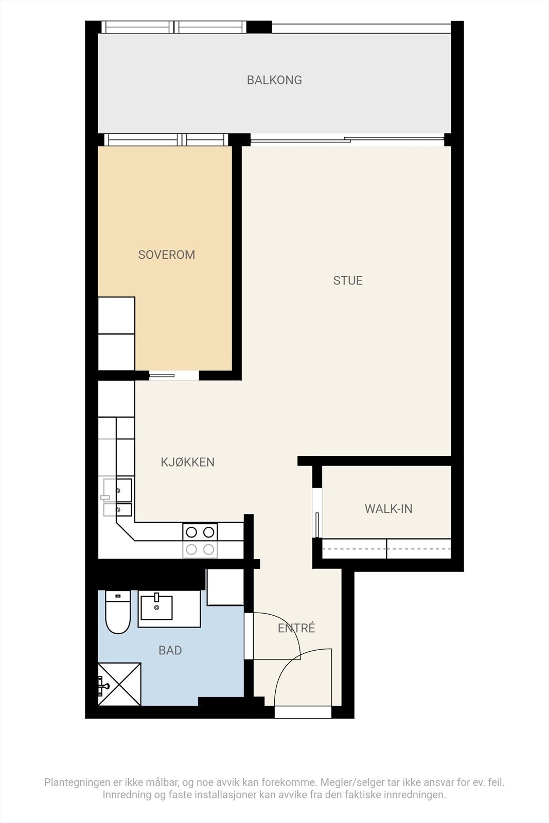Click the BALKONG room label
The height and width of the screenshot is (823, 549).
click(x=274, y=80)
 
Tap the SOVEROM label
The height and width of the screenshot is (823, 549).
click(x=166, y=255)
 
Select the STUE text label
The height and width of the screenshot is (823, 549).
click(x=348, y=280)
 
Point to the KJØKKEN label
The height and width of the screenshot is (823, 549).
click(x=187, y=462)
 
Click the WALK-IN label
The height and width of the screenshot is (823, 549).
click(x=388, y=509)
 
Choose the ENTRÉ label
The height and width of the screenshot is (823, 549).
click(x=296, y=628)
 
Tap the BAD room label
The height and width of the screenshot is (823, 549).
click(x=170, y=650)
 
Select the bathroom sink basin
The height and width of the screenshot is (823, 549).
click(x=156, y=607)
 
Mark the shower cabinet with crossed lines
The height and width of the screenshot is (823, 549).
click(x=119, y=684)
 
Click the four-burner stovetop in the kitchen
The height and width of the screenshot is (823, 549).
click(x=200, y=541)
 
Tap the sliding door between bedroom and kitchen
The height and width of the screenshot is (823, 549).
click(x=162, y=375)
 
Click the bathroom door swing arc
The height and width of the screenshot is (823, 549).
click(x=280, y=630)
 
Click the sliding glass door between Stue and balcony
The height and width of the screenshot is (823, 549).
click(x=347, y=139)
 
